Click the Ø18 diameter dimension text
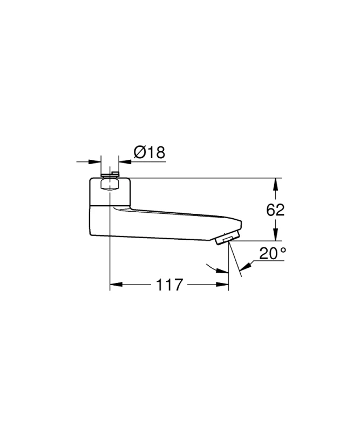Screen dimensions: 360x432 click(150, 152)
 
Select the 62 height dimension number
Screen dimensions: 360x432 click(275, 210)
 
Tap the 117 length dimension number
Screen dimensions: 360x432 click(169, 285)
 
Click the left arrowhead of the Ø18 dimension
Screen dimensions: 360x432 click(95, 161)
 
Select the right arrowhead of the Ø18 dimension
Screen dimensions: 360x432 click(125, 161)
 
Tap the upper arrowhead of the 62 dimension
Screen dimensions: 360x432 click(275, 185)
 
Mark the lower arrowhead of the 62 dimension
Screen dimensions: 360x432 click(275, 234)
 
